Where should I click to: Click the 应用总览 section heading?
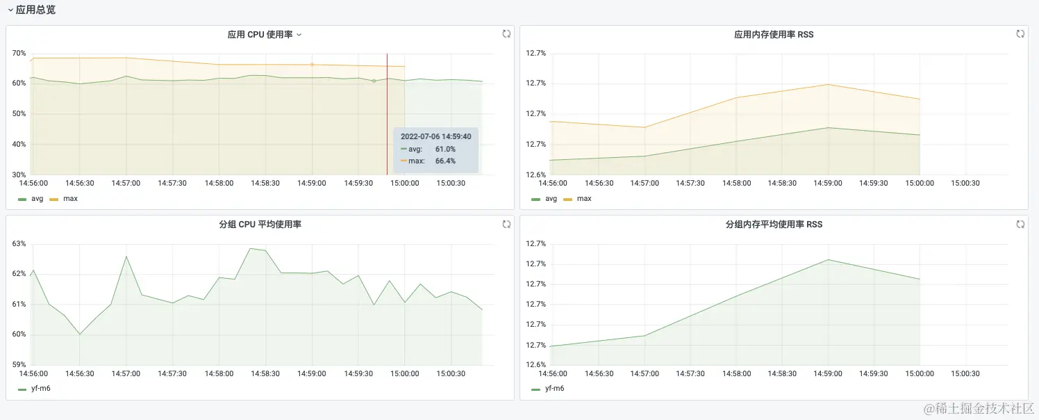(35, 10)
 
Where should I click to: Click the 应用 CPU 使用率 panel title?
(260, 34)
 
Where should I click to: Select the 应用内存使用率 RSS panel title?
(774, 34)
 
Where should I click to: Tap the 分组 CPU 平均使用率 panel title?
(260, 225)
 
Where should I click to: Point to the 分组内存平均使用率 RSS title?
(774, 225)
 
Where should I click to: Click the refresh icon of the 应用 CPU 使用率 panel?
(506, 33)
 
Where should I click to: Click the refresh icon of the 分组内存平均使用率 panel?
(1020, 224)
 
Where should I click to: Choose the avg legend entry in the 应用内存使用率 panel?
(551, 198)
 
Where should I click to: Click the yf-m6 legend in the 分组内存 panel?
(554, 388)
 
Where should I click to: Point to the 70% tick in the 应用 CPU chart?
(19, 53)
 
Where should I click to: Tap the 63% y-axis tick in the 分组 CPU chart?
(19, 243)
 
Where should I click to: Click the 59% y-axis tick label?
(19, 364)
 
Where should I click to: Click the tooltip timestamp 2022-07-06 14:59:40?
(435, 137)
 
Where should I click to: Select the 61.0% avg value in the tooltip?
(445, 149)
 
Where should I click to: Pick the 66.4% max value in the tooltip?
(445, 161)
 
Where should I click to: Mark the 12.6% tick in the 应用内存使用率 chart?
(535, 175)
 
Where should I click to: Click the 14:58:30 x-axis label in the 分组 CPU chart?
(265, 373)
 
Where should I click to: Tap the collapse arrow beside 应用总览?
(10, 10)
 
